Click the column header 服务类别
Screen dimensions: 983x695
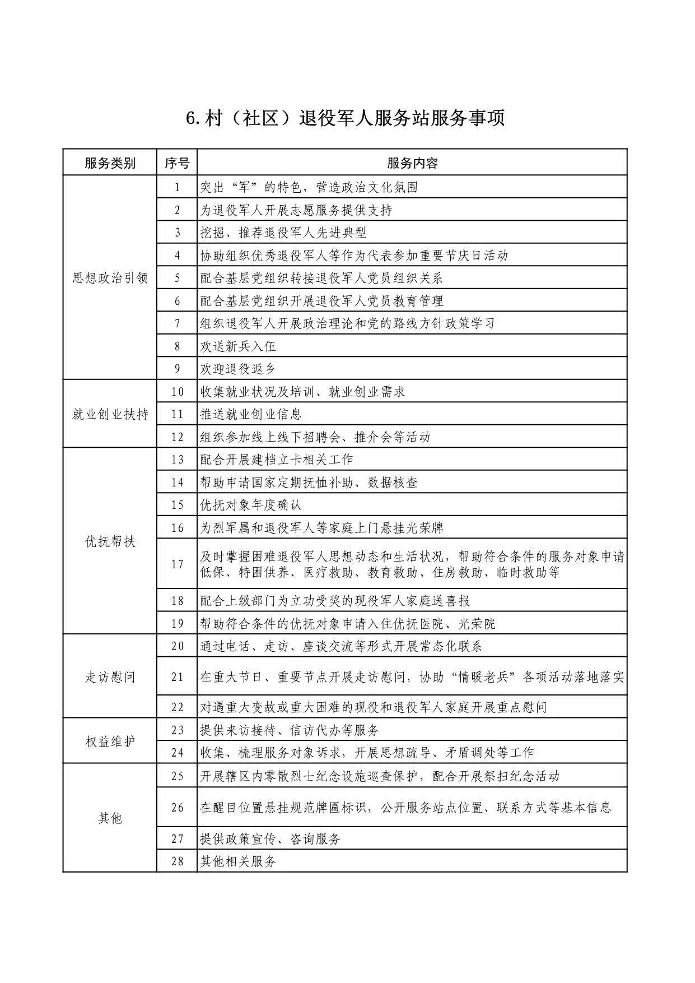pyautogui.click(x=110, y=163)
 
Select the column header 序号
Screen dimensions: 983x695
pyautogui.click(x=177, y=163)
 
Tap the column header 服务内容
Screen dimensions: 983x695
pyautogui.click(x=412, y=163)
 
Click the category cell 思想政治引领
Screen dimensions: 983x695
pyautogui.click(x=110, y=278)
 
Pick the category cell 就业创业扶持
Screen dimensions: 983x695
pyautogui.click(x=110, y=414)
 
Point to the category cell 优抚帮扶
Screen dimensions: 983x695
pyautogui.click(x=110, y=541)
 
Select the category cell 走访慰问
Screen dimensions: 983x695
pyautogui.click(x=110, y=677)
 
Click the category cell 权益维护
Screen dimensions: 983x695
pyautogui.click(x=110, y=741)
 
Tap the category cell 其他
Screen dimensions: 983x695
pyautogui.click(x=110, y=818)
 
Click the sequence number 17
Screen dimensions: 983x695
pyautogui.click(x=177, y=564)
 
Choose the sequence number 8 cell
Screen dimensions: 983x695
pyautogui.click(x=177, y=346)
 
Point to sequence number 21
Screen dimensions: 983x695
pyautogui.click(x=177, y=677)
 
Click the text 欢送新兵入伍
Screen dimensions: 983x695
pyautogui.click(x=238, y=346)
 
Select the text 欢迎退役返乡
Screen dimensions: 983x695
pyautogui.click(x=238, y=369)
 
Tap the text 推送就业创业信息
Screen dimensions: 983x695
pyautogui.click(x=251, y=414)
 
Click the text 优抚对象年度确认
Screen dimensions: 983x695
pyautogui.click(x=251, y=505)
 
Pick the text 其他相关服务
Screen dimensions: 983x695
pyautogui.click(x=238, y=861)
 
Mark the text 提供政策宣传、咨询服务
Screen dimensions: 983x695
pyautogui.click(x=270, y=839)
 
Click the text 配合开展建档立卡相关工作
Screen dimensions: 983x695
pyautogui.click(x=277, y=460)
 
